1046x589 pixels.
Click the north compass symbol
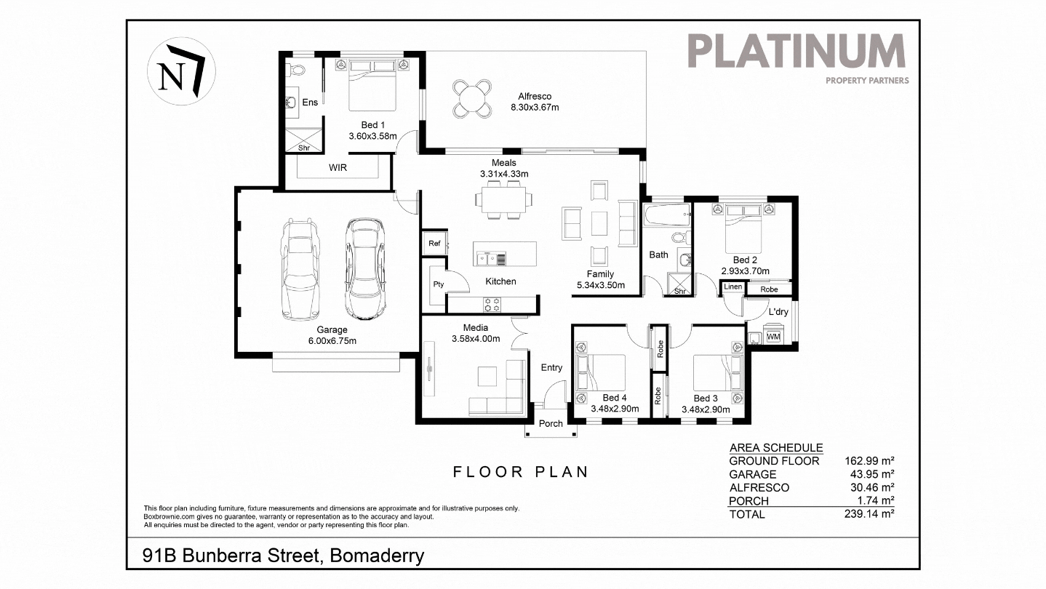(x=181, y=71)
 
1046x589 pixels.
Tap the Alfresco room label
(x=535, y=96)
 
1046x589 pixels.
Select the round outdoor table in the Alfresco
(x=472, y=98)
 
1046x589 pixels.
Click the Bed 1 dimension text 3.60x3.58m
(x=372, y=136)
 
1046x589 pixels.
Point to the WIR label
(x=338, y=167)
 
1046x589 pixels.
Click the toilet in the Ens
(x=295, y=71)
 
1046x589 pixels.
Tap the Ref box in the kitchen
(x=434, y=243)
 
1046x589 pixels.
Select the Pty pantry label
(x=438, y=284)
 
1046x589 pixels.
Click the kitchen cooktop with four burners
(x=492, y=304)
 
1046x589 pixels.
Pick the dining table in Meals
(x=504, y=199)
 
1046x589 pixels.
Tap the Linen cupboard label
(x=732, y=287)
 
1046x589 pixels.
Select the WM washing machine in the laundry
(x=773, y=336)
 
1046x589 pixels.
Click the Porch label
(x=551, y=424)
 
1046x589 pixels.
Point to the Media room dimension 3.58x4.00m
(x=476, y=339)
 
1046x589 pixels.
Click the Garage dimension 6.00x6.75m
(x=332, y=341)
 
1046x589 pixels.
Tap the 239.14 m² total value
(x=869, y=514)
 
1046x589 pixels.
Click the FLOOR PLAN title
(x=521, y=472)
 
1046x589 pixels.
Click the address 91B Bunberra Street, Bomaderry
(x=284, y=556)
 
